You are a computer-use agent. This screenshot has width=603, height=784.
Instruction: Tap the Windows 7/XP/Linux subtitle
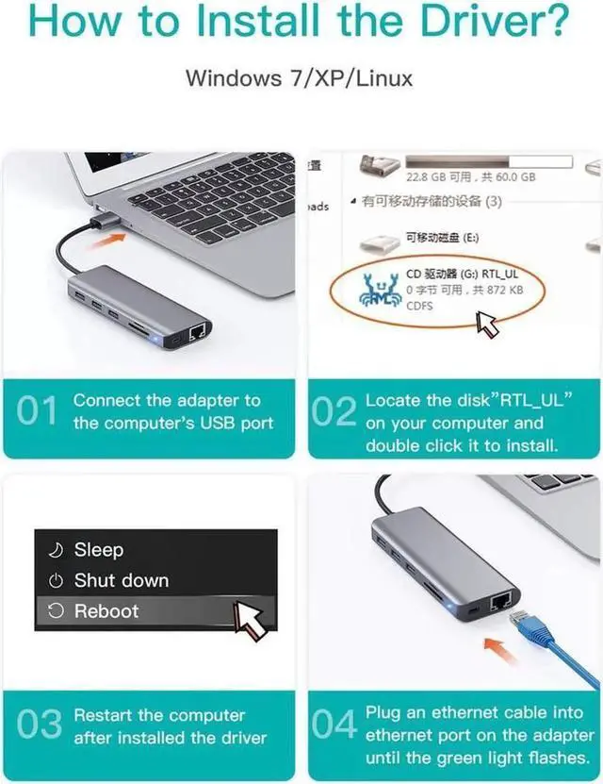(299, 76)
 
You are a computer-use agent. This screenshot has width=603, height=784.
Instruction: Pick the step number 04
(334, 726)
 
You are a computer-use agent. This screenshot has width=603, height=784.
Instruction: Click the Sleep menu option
(99, 549)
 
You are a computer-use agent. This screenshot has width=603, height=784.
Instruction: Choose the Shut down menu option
(121, 580)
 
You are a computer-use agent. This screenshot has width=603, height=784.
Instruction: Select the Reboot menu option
(106, 611)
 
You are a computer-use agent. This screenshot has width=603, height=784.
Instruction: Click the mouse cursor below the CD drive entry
(488, 325)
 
